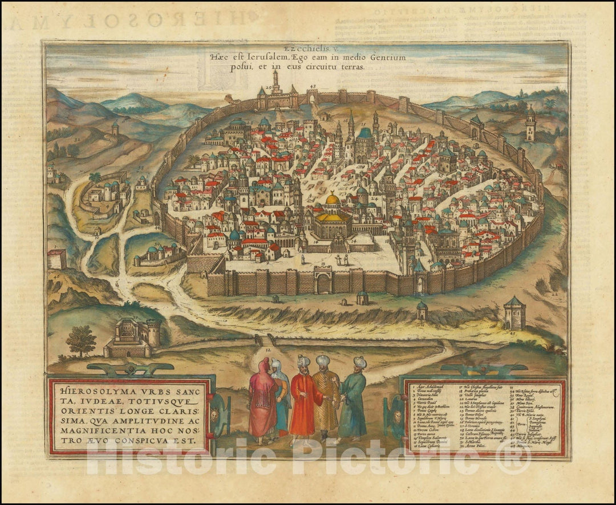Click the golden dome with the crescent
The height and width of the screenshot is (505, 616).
333,199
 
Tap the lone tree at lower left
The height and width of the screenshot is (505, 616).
81,341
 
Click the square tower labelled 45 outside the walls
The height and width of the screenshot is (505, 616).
514,313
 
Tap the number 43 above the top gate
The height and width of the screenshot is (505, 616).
313,87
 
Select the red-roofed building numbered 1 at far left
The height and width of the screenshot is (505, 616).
56,259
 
